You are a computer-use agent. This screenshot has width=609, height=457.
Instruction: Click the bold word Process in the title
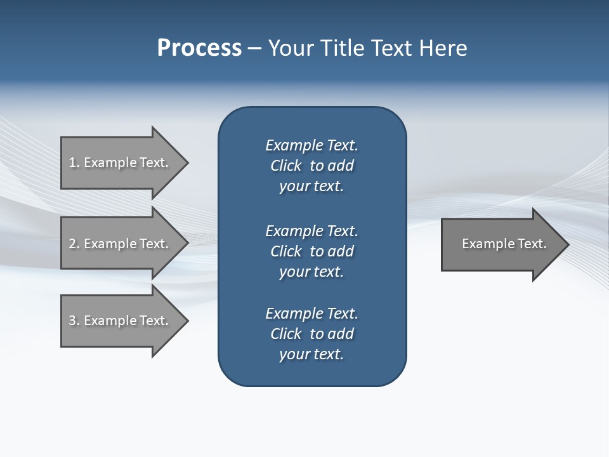[x=199, y=48]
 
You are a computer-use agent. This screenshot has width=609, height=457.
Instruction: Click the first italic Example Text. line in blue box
[x=311, y=145]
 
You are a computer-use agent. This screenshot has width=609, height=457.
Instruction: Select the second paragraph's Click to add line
[x=311, y=251]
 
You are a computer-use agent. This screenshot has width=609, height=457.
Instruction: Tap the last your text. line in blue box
[x=311, y=354]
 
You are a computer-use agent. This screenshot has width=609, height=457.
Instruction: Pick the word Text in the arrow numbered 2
[x=153, y=244]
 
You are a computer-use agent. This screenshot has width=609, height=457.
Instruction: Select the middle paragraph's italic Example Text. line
[x=311, y=231]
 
